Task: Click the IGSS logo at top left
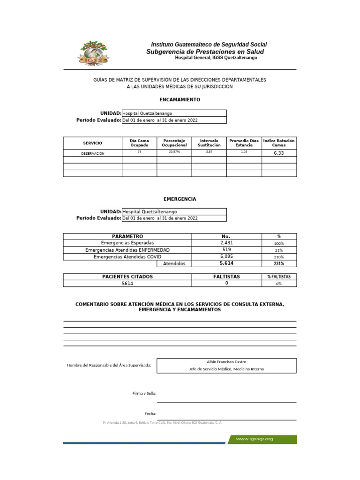95,52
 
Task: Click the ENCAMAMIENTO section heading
180,100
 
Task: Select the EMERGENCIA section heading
180,199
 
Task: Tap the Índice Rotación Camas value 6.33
278,153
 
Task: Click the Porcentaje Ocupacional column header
174,143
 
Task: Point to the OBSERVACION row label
92,153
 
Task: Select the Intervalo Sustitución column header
209,143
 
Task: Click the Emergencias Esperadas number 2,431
226,243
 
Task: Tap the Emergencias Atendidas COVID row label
127,257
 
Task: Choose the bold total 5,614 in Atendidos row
226,264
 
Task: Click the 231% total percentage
279,264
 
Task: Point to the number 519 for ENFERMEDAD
226,250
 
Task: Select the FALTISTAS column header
226,277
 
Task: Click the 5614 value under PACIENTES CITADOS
127,284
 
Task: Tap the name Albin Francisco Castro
226,362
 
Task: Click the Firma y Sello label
144,393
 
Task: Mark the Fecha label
150,414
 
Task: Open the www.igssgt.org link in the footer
254,439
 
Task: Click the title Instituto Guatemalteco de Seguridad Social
209,45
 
